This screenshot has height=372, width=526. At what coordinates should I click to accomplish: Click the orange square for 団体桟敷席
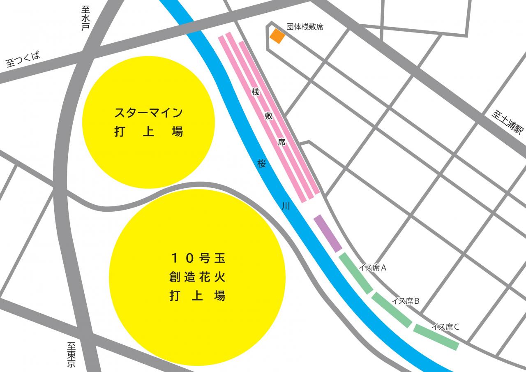pyautogui.click(x=277, y=36)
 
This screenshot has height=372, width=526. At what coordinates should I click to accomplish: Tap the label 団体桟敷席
pyautogui.click(x=305, y=27)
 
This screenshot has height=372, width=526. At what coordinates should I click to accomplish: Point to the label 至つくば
pyautogui.click(x=23, y=60)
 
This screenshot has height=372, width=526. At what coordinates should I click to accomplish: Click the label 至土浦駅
pyautogui.click(x=508, y=122)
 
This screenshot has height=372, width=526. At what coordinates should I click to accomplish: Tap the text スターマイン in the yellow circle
pyautogui.click(x=148, y=112)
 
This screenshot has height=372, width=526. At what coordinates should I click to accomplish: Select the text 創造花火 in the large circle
pyautogui.click(x=198, y=277)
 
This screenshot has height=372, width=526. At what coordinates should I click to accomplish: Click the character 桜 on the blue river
pyautogui.click(x=262, y=163)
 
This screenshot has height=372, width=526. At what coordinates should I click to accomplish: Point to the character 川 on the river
pyautogui.click(x=286, y=206)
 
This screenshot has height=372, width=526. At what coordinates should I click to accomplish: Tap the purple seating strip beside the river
pyautogui.click(x=328, y=233)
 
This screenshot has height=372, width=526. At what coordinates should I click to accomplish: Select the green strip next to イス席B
pyautogui.click(x=392, y=310)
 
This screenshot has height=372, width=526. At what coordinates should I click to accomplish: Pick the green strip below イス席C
pyautogui.click(x=436, y=337)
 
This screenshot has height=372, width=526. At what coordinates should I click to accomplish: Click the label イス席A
pyautogui.click(x=372, y=268)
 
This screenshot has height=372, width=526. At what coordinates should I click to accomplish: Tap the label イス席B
pyautogui.click(x=405, y=301)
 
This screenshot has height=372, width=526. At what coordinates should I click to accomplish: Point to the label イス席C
pyautogui.click(x=445, y=327)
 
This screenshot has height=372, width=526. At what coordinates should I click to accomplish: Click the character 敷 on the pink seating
pyautogui.click(x=268, y=116)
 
